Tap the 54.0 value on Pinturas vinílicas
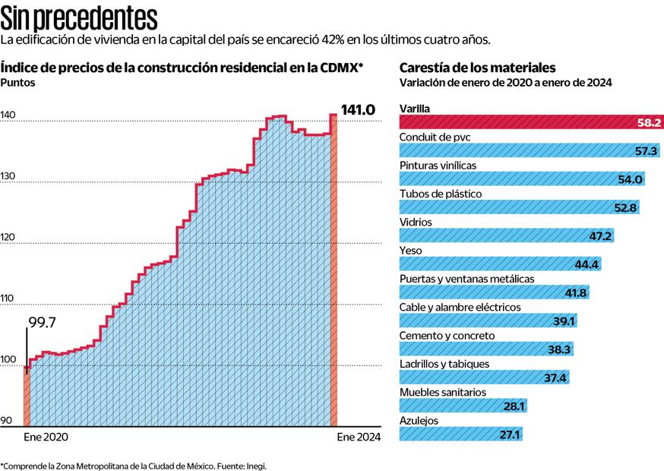point(632,179)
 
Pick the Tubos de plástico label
point(441,194)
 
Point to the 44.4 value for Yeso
point(587,264)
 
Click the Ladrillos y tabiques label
point(444,364)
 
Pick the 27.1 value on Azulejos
point(509,435)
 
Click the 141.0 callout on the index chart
point(358,110)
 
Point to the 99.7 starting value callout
point(42,322)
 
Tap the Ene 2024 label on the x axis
point(359,437)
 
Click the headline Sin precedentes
point(79,17)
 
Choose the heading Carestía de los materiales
point(477,68)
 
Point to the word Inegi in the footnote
point(255,465)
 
